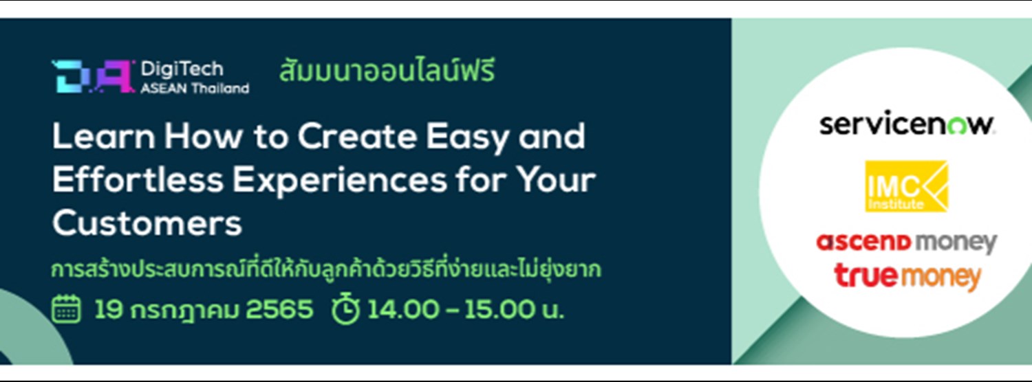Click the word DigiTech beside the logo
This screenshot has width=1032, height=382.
click(182, 69)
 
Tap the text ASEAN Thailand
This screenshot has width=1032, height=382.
click(195, 88)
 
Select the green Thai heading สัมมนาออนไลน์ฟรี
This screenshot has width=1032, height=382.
click(387, 72)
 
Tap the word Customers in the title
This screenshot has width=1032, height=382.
click(147, 223)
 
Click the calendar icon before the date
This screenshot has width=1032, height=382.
click(67, 310)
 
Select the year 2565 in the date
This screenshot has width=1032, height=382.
click(279, 310)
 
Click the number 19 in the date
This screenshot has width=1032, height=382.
click(108, 310)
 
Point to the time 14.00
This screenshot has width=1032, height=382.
click(402, 310)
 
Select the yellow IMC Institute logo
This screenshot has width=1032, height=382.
click(906, 186)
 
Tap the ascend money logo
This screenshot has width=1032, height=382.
click(906, 243)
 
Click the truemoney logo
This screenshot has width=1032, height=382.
click(907, 276)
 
